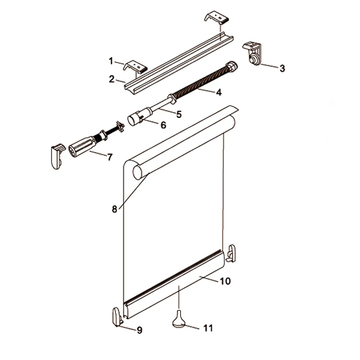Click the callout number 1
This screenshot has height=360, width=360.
click(111, 61)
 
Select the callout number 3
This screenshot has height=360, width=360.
click(282, 68)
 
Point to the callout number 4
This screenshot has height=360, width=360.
click(219, 92)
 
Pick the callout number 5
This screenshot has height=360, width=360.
click(179, 114)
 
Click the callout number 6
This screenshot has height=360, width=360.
click(163, 125)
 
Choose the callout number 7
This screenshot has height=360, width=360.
click(110, 157)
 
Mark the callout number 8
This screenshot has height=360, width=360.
click(114, 209)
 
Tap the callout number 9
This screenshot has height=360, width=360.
click(140, 330)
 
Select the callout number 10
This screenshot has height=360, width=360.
click(225, 281)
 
